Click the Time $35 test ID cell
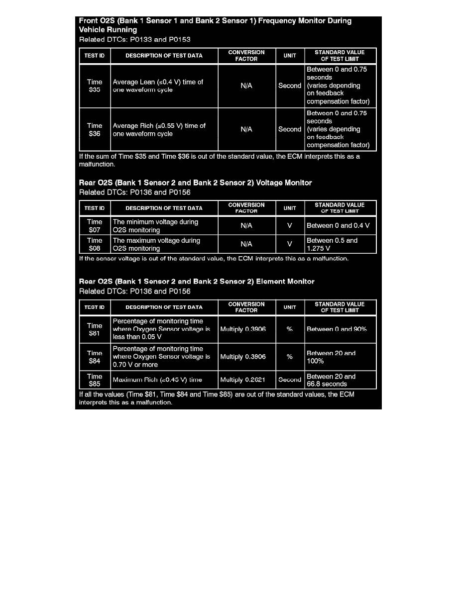tap(95, 86)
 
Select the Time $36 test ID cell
tap(95, 129)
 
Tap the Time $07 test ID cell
tap(95, 226)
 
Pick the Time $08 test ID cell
tap(95, 244)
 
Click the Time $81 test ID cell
tap(95, 329)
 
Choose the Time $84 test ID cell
tap(95, 357)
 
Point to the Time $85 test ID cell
tap(95, 380)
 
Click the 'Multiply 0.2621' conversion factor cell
tap(246, 380)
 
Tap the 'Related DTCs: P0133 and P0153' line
tap(135, 39)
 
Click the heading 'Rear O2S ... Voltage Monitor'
tap(196, 183)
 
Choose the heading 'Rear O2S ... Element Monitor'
tap(197, 282)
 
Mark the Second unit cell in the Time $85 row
tap(290, 380)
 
